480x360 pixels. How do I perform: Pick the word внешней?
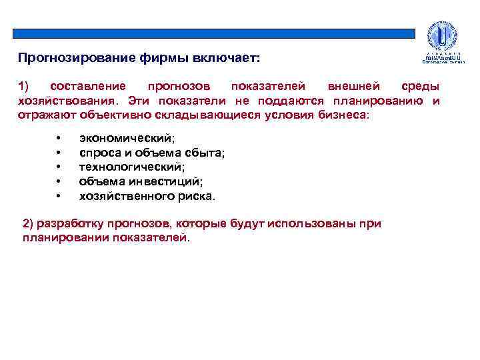click(355, 87)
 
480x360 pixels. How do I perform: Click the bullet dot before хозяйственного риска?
click(59, 196)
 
